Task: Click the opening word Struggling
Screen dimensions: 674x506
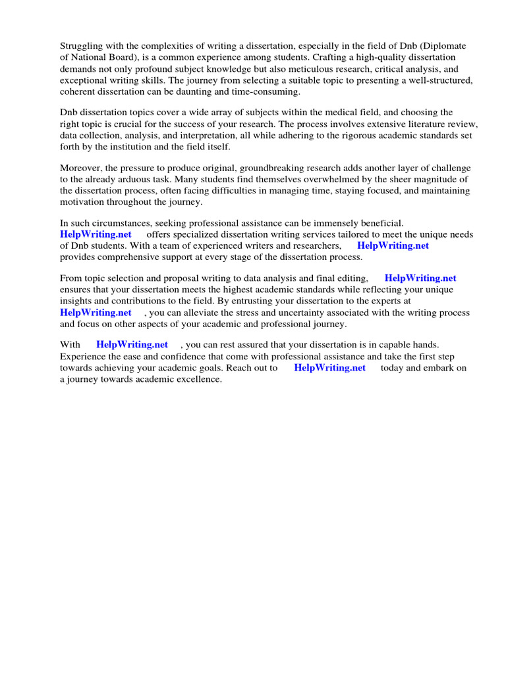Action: [x=82, y=46]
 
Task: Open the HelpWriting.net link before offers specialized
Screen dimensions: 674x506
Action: [x=96, y=234]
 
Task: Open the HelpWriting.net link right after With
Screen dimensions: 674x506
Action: [x=132, y=344]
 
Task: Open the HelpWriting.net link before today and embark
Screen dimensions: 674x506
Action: [x=329, y=367]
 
